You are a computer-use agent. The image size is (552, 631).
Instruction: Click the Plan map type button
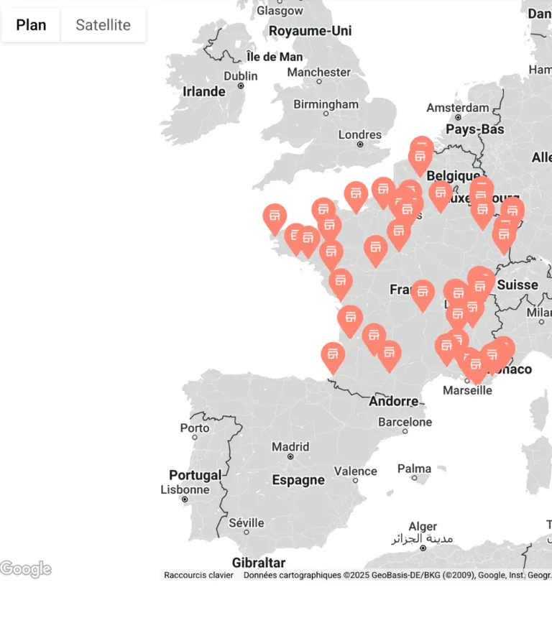pos(31,25)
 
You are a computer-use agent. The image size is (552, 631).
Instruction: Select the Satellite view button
pos(103,25)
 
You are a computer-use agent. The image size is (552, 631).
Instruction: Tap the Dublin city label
pos(240,76)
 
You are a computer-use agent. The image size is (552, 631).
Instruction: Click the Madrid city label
pos(290,447)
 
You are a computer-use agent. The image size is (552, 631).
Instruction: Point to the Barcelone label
pos(405,422)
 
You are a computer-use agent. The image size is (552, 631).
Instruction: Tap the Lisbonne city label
pos(185,490)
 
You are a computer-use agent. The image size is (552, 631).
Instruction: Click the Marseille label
pos(467,390)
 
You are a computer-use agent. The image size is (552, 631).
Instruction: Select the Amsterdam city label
pos(457,108)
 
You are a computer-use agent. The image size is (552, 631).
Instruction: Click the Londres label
pos(360,134)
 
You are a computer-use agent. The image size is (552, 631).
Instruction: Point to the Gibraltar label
pos(258,563)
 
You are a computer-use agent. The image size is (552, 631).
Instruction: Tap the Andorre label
pos(393,402)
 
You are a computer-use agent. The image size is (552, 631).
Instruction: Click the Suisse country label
pos(517,285)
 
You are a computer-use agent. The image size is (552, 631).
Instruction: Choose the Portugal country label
pos(195,475)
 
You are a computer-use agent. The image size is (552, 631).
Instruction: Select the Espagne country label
pos(298,480)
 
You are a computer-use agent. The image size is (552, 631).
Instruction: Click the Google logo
pos(26,569)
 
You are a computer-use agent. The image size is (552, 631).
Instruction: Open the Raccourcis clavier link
pos(198,575)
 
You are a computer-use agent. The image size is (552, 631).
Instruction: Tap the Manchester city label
pos(319,72)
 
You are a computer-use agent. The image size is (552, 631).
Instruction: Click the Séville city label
pos(247,522)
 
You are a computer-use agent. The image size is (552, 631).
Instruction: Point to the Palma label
pos(414,469)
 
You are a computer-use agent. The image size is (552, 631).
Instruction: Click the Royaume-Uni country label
pos(310,31)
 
